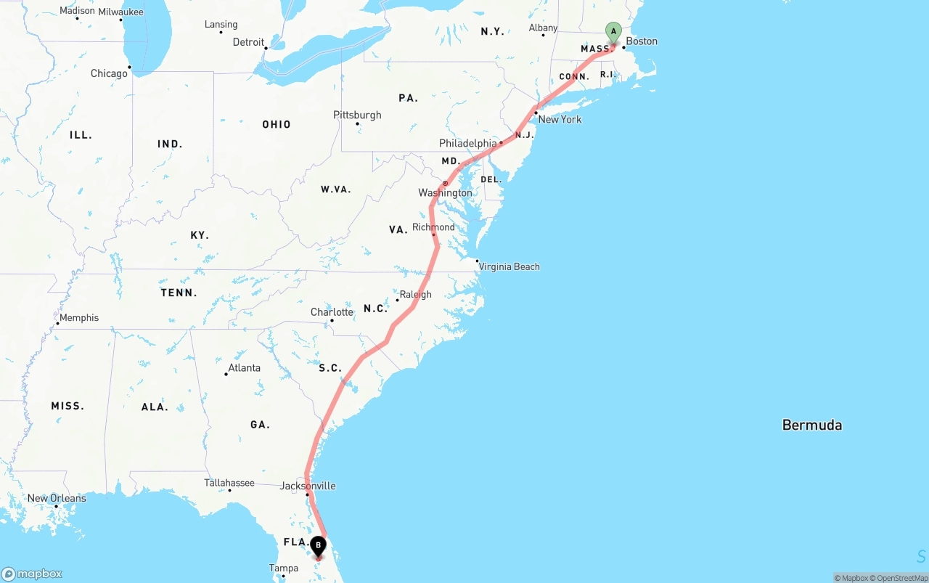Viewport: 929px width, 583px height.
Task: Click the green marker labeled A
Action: click(613, 32)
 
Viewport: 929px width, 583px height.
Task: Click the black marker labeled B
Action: click(318, 546)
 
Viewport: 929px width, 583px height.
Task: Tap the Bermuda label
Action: click(811, 425)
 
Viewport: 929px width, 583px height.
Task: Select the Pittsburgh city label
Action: click(357, 115)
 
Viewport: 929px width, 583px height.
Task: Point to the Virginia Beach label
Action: click(509, 266)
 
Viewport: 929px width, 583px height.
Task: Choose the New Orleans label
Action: click(57, 498)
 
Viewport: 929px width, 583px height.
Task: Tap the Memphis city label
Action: click(79, 317)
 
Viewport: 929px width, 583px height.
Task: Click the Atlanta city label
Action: click(244, 367)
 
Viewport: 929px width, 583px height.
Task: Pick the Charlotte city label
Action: click(332, 312)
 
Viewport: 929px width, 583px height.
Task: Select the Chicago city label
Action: click(109, 73)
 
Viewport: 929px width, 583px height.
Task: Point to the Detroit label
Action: click(248, 42)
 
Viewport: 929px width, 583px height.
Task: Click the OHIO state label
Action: click(277, 124)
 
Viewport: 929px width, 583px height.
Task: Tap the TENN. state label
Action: click(179, 293)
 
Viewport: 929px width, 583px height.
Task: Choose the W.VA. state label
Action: click(335, 189)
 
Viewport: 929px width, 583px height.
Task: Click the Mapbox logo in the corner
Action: click(32, 574)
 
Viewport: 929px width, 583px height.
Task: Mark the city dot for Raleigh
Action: click(397, 300)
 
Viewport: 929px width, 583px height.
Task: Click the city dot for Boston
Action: click(623, 48)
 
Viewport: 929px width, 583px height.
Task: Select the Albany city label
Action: click(543, 28)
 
